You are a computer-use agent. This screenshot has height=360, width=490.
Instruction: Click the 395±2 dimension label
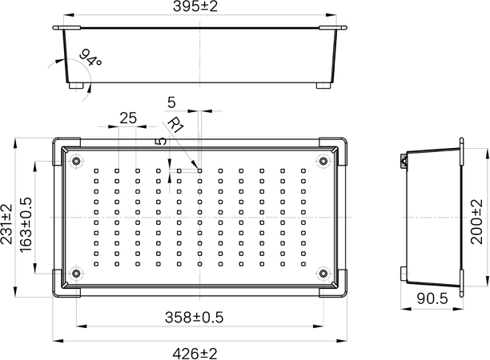195,6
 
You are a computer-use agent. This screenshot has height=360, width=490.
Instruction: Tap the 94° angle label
90,58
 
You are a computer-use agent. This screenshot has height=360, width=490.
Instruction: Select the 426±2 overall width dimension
195,354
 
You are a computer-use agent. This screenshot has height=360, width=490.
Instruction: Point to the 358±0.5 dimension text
194,318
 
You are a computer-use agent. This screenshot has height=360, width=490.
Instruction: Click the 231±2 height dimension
6,223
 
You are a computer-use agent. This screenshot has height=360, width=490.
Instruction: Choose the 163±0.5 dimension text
26,225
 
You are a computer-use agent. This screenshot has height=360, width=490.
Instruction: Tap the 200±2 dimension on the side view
477,222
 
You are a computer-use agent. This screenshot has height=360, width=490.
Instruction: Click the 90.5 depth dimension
432,299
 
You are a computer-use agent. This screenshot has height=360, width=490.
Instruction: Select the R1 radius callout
176,125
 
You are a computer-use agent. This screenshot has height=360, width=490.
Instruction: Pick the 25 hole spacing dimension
128,118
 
